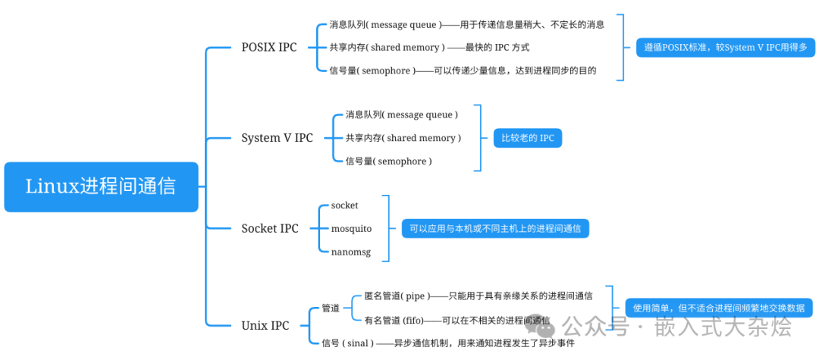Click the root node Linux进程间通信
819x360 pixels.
coord(101,186)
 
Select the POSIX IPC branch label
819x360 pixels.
coord(269,47)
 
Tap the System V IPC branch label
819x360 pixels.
coord(277,138)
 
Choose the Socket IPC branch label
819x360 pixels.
coord(270,228)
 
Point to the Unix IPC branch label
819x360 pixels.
coord(265,325)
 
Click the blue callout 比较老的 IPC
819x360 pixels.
coord(527,138)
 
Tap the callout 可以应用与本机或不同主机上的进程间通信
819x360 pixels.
coord(495,228)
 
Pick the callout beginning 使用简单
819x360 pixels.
coord(718,308)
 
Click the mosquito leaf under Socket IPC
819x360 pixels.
coord(351,228)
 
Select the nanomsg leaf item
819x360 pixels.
coord(350,252)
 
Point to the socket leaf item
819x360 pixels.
coord(344,205)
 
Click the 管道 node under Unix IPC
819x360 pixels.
coord(331,308)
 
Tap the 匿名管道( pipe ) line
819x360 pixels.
coord(478,295)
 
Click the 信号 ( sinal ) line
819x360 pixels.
coord(447,343)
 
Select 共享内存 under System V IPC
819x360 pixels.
coord(403,138)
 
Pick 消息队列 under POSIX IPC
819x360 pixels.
coord(466,24)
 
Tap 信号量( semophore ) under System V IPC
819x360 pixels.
coord(388,161)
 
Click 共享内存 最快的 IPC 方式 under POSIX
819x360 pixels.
coord(428,47)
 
